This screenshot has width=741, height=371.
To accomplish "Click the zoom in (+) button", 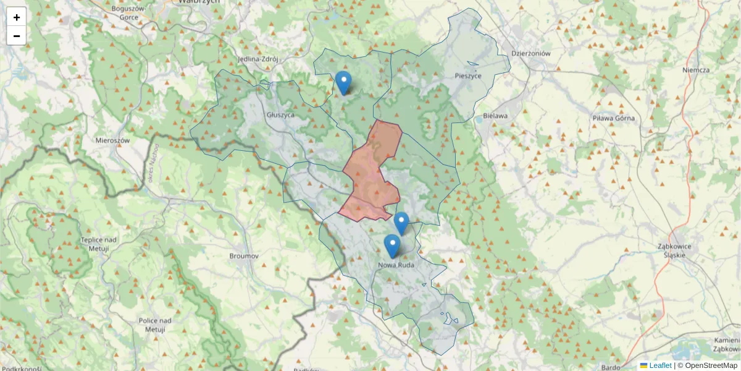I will [17, 17].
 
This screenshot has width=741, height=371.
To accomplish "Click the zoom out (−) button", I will [17, 36].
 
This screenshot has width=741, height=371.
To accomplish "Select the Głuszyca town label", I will [280, 115].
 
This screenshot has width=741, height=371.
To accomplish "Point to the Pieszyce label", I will [467, 75].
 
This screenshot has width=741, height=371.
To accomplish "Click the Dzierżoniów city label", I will [530, 53].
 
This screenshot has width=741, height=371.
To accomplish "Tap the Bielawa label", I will [495, 116].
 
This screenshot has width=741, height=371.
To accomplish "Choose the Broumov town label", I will [243, 255].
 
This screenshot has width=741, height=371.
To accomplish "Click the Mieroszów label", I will [112, 140].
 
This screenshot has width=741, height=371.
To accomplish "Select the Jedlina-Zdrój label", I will [258, 59].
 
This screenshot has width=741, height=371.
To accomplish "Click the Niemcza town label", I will [696, 70].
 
